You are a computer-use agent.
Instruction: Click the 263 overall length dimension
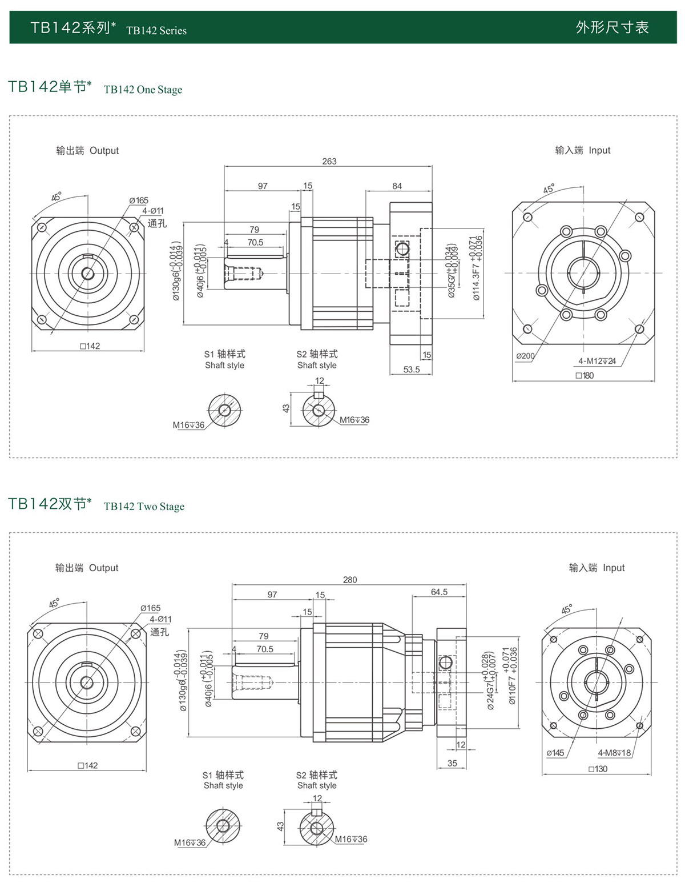(x=329, y=161)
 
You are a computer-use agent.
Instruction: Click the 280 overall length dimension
(x=350, y=580)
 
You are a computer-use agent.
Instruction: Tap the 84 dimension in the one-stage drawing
(x=397, y=186)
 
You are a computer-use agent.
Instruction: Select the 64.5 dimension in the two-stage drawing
(x=439, y=592)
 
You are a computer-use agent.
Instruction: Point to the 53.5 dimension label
(x=412, y=370)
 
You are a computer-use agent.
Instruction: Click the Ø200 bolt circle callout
(x=525, y=356)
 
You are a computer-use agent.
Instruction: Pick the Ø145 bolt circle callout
(x=555, y=753)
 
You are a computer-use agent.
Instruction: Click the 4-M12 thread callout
(x=597, y=361)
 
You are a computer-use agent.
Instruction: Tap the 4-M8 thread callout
(x=614, y=753)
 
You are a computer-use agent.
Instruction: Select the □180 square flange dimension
(x=585, y=375)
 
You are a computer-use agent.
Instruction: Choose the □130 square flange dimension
(x=598, y=769)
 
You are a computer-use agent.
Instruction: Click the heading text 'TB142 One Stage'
(x=143, y=90)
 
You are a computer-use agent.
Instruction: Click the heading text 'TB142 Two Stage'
(x=144, y=507)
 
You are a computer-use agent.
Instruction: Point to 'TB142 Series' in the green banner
(x=156, y=31)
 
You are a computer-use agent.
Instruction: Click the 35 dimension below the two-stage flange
(x=452, y=763)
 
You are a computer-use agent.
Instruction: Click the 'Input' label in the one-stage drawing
(x=599, y=150)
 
